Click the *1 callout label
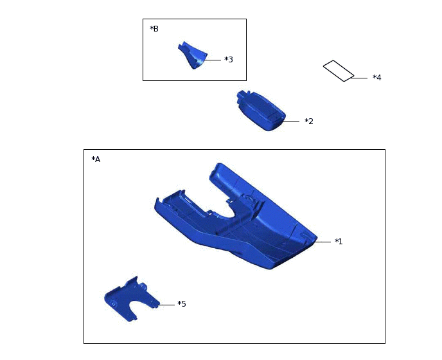[339, 242]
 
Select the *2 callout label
[309, 122]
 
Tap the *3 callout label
[229, 60]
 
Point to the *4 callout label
[377, 78]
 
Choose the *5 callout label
[182, 304]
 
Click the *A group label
[96, 159]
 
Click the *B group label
[154, 29]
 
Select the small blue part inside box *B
[193, 55]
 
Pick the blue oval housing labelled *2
[261, 111]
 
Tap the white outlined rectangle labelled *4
[339, 71]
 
